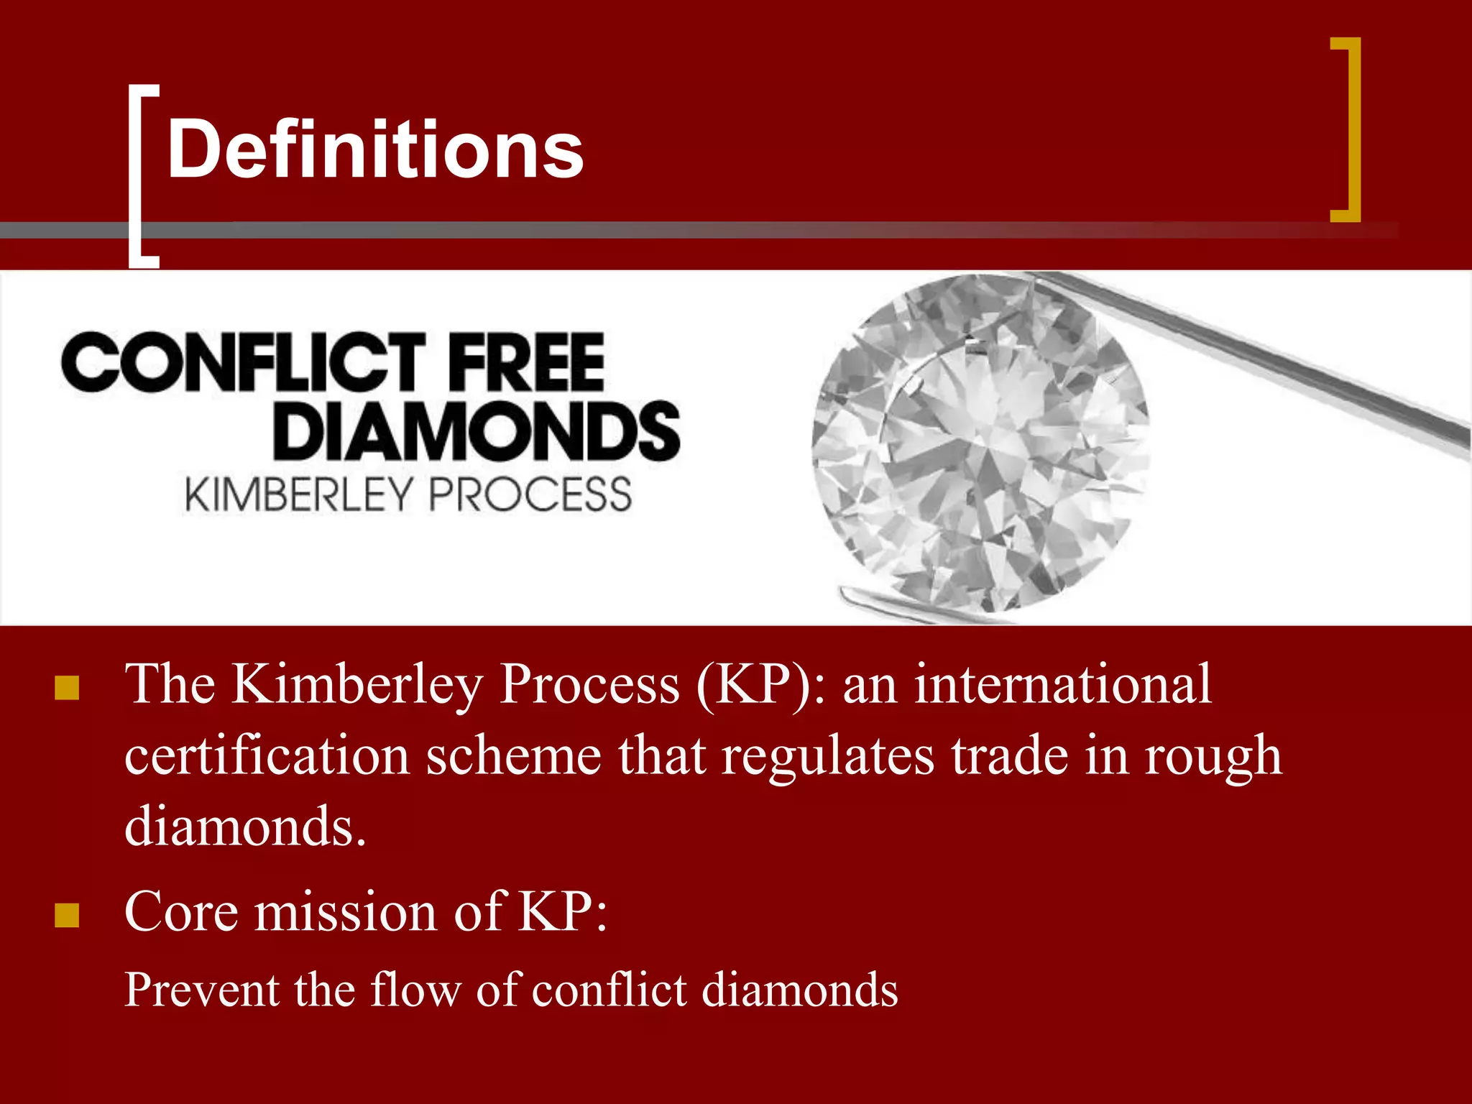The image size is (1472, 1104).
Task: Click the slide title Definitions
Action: [x=374, y=149]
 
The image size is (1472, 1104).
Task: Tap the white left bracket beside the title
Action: [x=137, y=175]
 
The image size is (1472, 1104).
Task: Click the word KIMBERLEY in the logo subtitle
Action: [x=298, y=494]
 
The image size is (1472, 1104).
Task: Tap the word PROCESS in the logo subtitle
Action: [x=530, y=494]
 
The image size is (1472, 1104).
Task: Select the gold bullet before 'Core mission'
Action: [x=67, y=915]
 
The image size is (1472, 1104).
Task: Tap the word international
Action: [x=1063, y=684]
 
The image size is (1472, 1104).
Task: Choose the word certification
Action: [x=267, y=756]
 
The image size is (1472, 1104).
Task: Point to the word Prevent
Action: [x=202, y=990]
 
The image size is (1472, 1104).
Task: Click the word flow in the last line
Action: [x=415, y=990]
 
